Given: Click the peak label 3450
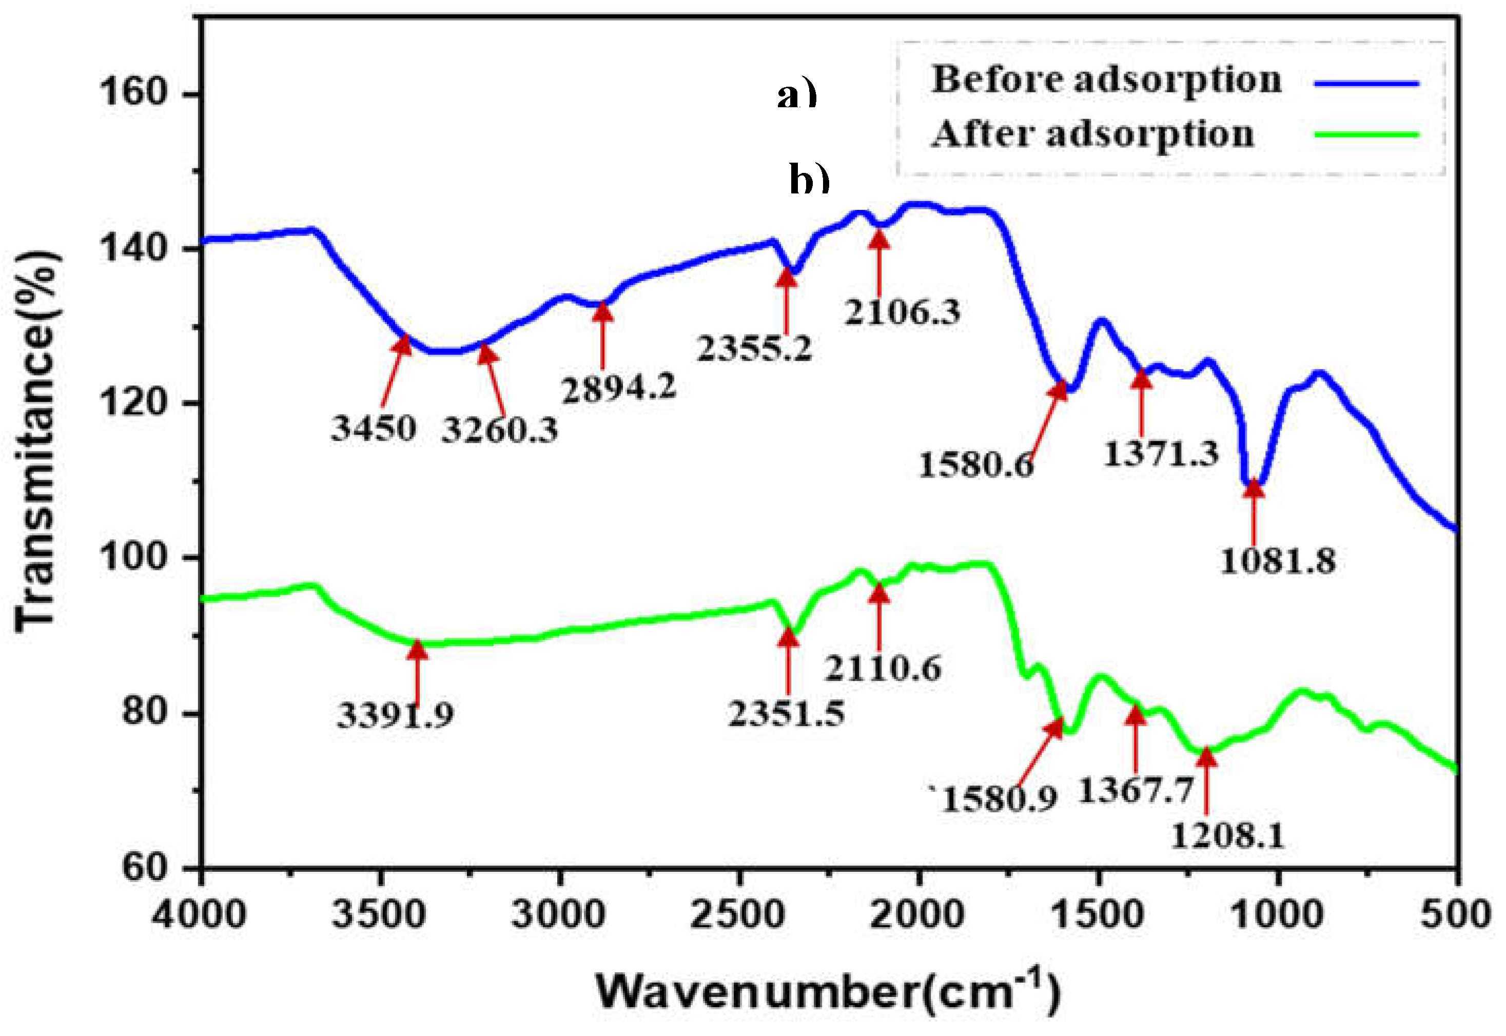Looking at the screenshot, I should pyautogui.click(x=373, y=428).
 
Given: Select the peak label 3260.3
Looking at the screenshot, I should pyautogui.click(x=499, y=429).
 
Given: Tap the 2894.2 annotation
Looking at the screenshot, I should pyautogui.click(x=619, y=388).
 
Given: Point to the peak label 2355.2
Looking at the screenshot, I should pyautogui.click(x=754, y=348).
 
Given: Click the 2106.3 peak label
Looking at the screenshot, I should pyautogui.click(x=902, y=312).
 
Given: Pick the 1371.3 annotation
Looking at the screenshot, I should pyautogui.click(x=1161, y=453).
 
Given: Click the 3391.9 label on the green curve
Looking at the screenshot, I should pyautogui.click(x=395, y=715).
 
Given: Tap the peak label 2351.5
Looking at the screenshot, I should pyautogui.click(x=786, y=713).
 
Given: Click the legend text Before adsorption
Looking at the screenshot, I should pyautogui.click(x=1106, y=80).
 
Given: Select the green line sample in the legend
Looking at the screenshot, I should pyautogui.click(x=1366, y=135).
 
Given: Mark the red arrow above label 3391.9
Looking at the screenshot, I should pyautogui.click(x=417, y=672).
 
